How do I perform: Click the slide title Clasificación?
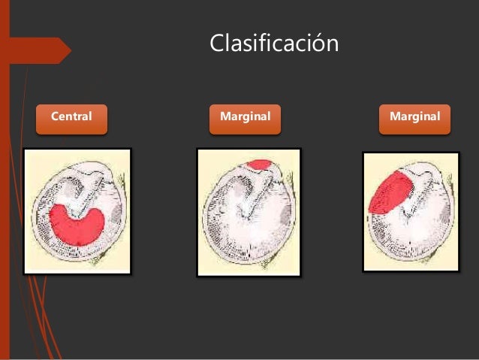point(273,44)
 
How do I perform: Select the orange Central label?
point(71,118)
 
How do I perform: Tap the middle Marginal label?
point(245,118)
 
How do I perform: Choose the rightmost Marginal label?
point(414,118)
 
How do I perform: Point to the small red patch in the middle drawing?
point(259,164)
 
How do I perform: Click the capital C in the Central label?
point(55,117)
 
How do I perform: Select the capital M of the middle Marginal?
point(224,117)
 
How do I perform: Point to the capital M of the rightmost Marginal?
point(394,117)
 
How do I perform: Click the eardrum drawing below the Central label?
point(77,211)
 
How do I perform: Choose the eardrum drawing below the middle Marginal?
point(249,212)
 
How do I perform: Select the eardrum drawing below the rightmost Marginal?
point(410,211)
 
